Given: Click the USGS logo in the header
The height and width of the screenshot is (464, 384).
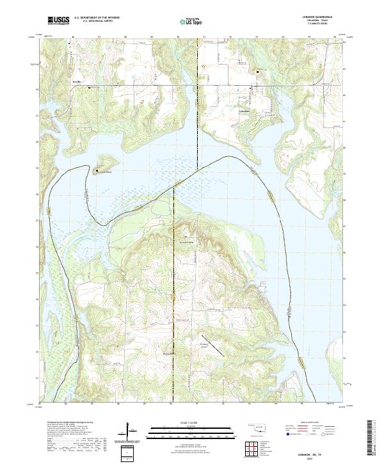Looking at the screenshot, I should (58, 20).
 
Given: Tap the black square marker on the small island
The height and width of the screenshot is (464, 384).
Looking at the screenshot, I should (97, 171).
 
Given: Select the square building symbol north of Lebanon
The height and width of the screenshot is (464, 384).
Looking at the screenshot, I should (257, 72).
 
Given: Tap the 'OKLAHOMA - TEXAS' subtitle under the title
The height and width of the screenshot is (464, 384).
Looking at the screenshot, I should (323, 20).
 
